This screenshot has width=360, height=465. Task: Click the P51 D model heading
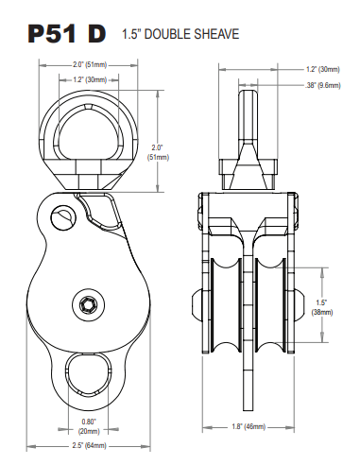coord(67,34)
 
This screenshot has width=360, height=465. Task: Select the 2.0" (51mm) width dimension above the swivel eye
coord(90,65)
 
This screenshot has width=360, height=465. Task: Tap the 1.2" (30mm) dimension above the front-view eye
coord(90,79)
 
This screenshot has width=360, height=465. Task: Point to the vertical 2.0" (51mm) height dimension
coord(158,152)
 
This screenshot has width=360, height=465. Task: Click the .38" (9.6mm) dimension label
coord(323,85)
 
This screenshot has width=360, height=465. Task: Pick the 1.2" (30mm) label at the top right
coord(323,69)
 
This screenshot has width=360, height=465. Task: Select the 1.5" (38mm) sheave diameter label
coord(322,307)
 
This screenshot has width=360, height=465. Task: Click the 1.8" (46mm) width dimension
coord(249,427)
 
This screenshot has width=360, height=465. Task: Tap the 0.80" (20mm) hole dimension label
coord(89,426)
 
